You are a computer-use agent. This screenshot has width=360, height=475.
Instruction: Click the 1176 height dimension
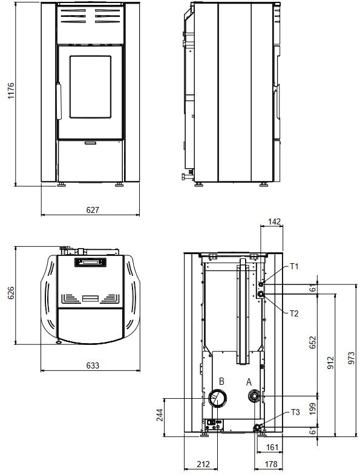(11, 90)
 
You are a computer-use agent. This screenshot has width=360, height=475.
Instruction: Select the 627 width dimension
(93, 210)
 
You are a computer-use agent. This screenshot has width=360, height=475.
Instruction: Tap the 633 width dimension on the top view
(93, 365)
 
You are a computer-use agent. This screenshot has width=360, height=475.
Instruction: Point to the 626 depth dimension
(11, 293)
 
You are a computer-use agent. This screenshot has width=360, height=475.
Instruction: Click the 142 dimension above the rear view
(275, 221)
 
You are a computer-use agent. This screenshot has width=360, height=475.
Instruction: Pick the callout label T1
(294, 266)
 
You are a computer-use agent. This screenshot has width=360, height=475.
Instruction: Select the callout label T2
(294, 313)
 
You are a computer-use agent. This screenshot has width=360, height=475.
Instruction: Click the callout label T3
(295, 412)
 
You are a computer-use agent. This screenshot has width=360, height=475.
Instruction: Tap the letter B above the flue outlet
(221, 381)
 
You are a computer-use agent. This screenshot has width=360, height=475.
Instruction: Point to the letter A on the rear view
(249, 382)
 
